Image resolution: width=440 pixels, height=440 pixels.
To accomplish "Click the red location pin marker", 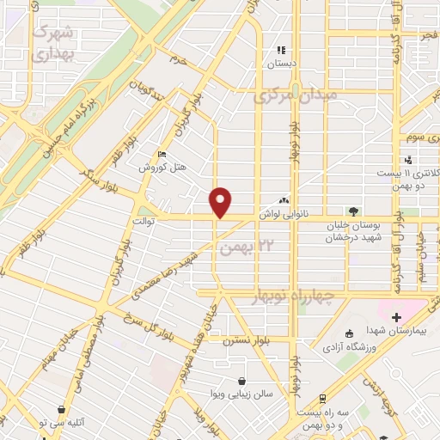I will click(222, 202).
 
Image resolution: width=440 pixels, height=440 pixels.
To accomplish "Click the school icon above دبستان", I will click(280, 50).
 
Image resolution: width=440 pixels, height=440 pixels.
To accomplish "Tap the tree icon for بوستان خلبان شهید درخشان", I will click(352, 211).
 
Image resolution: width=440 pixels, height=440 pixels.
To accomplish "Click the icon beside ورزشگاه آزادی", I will click(348, 334).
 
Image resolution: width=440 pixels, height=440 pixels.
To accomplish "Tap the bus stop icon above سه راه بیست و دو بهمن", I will click(321, 400).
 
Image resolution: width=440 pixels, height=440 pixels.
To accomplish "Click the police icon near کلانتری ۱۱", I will click(408, 160).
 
